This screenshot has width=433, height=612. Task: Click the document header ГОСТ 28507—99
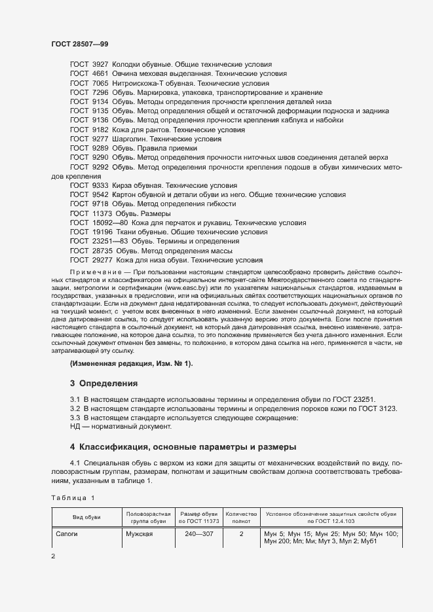click(79, 44)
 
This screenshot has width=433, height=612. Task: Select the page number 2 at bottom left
click(54, 556)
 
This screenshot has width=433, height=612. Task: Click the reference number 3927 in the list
click(100, 65)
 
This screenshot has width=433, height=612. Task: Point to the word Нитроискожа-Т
click(137, 84)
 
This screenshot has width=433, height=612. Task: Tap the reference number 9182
click(100, 130)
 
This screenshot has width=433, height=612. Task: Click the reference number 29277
click(102, 260)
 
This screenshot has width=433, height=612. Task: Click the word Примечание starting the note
click(92, 271)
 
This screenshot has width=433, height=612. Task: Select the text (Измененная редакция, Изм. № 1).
click(132, 363)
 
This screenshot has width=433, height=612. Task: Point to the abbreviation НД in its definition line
click(75, 427)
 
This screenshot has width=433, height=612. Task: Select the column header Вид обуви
click(86, 517)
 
